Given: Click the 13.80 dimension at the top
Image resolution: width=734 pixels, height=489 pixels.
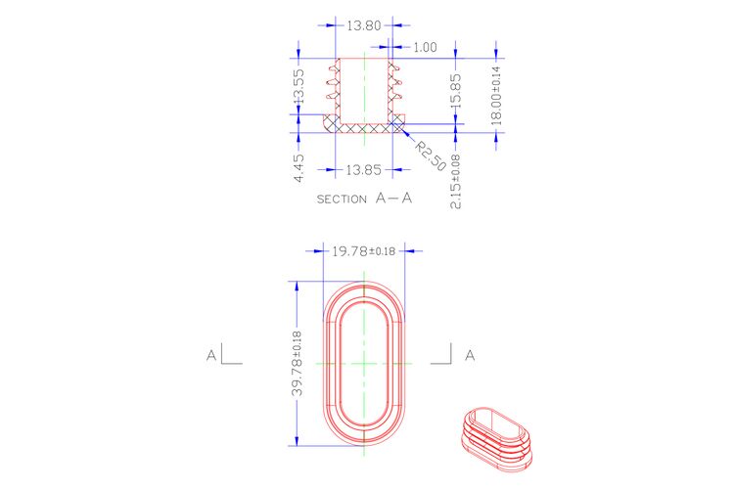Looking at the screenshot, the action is (x=364, y=25).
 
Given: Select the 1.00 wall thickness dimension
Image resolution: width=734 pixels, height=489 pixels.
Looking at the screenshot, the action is (x=425, y=47).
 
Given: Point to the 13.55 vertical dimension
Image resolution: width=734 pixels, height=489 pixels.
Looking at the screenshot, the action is (x=298, y=86).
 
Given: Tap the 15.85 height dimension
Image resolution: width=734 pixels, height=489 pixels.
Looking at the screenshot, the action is (x=455, y=91).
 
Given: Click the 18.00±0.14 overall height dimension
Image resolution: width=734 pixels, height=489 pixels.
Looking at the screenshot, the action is (x=496, y=96).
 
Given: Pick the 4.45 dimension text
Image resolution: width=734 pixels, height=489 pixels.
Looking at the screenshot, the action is (x=298, y=168).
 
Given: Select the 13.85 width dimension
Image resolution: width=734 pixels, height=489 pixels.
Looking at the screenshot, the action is (x=364, y=169).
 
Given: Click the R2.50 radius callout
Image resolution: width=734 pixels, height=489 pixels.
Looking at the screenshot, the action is (x=431, y=156).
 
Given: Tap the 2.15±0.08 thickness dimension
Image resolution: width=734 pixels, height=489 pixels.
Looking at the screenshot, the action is (x=455, y=181).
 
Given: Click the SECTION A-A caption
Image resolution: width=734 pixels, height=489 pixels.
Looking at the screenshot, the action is (x=364, y=199).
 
